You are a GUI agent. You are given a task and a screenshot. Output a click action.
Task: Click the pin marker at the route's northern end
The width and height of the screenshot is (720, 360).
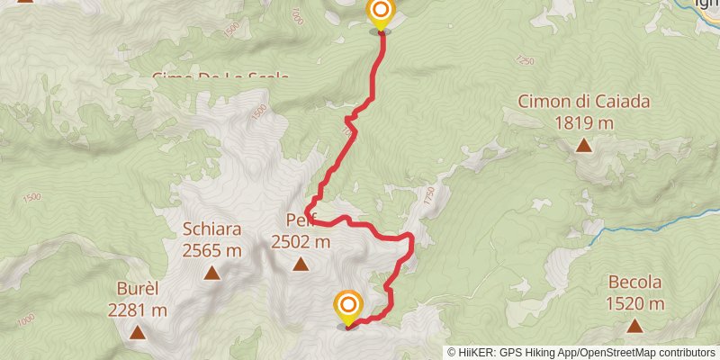point(381,13)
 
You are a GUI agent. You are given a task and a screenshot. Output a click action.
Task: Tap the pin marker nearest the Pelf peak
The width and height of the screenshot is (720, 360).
point(347,306)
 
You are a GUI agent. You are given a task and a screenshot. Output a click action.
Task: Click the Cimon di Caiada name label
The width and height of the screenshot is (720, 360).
point(583,102)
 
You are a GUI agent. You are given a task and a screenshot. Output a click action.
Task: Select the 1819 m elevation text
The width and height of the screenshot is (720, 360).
point(583,121)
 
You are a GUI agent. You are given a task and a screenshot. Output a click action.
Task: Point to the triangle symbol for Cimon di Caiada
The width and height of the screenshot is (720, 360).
point(584,145)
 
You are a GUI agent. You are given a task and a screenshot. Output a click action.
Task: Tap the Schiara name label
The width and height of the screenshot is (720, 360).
point(211,228)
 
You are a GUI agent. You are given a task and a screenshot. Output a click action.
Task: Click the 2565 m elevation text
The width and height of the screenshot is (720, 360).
point(211,249)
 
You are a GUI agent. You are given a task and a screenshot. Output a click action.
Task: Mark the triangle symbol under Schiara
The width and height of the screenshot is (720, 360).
point(212,273)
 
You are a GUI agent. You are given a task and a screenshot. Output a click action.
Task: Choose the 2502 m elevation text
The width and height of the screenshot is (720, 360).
point(301,241)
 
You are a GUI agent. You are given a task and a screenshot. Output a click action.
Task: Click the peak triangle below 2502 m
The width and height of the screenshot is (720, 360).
point(300,265)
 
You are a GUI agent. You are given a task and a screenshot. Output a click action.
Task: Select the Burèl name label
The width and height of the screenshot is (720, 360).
point(138,289)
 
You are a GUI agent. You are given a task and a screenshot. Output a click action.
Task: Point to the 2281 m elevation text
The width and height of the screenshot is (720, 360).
point(138,310)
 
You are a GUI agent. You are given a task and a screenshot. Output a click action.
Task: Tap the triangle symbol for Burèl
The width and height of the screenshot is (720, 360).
point(138,333)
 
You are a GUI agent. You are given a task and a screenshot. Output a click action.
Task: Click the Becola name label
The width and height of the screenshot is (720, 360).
point(634,282)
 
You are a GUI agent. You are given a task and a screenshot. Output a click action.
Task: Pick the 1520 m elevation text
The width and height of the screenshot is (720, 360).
point(634,303)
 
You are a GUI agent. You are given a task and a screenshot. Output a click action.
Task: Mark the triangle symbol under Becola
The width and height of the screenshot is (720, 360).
point(634,326)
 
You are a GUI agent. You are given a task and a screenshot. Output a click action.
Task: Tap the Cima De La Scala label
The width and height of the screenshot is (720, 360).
point(220,76)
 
